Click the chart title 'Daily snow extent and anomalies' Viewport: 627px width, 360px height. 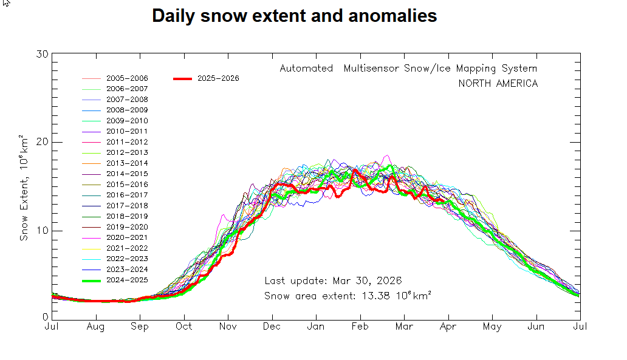click(294, 16)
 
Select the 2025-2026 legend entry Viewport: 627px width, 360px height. click(218, 78)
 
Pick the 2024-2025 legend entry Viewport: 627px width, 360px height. click(126, 280)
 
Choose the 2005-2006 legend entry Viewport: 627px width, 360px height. click(126, 78)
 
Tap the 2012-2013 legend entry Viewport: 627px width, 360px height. click(126, 152)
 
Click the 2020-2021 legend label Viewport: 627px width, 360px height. click(126, 237)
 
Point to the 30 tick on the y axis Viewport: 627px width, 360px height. click(42, 54)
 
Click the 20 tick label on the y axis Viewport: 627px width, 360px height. click(42, 142)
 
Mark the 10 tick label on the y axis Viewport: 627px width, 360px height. click(42, 231)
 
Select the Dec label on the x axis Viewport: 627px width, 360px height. click(272, 327)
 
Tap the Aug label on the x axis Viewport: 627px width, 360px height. click(96, 327)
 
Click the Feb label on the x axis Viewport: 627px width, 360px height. click(360, 327)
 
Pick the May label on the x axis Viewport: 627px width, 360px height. click(492, 327)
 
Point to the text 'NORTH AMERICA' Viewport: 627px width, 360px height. click(498, 84)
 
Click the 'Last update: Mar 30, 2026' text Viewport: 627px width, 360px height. click(333, 281)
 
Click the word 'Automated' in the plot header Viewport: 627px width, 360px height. click(306, 69)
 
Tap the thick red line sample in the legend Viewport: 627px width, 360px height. click(183, 78)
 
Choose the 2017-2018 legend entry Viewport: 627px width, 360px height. click(126, 206)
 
